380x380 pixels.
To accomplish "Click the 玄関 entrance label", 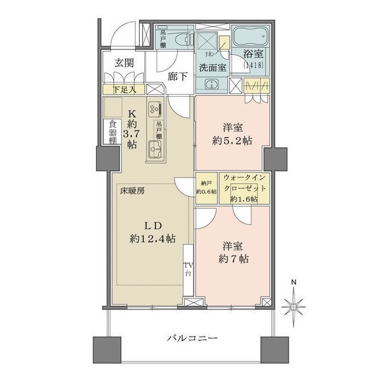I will coord(124,63).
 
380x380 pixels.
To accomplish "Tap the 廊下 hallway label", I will coord(178,77).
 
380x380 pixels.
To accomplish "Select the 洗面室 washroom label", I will coord(211,67).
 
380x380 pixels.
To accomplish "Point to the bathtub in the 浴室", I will coord(249,39).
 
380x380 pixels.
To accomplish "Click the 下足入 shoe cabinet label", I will coord(124,89).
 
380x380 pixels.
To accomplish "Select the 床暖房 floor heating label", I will coord(129,191).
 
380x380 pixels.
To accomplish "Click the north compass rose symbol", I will coord(294,306).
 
